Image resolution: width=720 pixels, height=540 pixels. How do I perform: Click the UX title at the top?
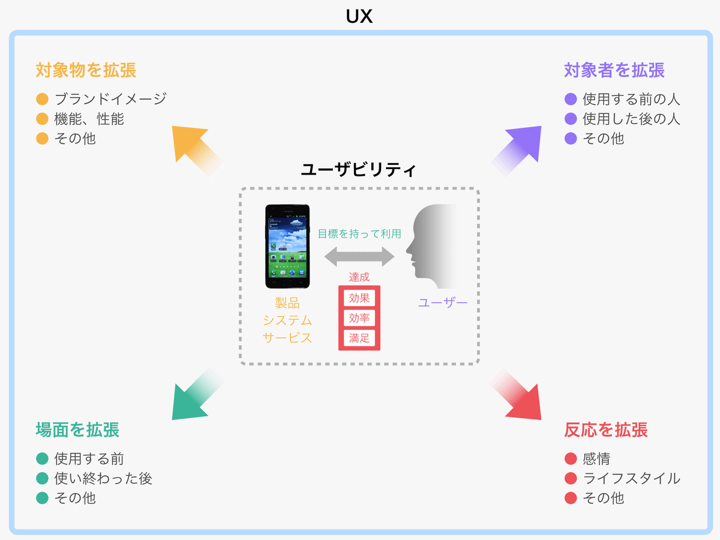[x=359, y=16]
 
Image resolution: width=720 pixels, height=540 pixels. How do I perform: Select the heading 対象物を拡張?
[x=86, y=70]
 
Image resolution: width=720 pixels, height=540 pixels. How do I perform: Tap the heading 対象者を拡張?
[x=614, y=70]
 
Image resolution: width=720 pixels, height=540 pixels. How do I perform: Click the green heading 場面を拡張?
[x=77, y=430]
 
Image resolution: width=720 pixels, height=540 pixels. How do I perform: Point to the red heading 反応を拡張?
[x=606, y=430]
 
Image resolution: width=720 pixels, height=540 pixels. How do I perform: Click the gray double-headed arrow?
[x=359, y=256]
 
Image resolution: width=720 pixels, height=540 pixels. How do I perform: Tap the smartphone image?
[x=287, y=246]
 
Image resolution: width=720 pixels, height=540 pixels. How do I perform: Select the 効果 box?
[x=359, y=298]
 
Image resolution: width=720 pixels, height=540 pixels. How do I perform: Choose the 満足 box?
[x=359, y=338]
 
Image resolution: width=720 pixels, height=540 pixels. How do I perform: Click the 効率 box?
[x=359, y=318]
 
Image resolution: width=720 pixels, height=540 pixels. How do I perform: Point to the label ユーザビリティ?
[x=359, y=170]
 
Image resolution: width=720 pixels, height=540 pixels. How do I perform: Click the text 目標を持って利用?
[x=359, y=234]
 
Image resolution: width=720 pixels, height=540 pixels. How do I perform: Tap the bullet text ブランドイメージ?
[x=110, y=99]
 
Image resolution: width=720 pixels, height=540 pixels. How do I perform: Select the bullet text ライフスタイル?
[x=631, y=478]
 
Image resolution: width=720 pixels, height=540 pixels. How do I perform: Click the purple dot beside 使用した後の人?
[x=571, y=119]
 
